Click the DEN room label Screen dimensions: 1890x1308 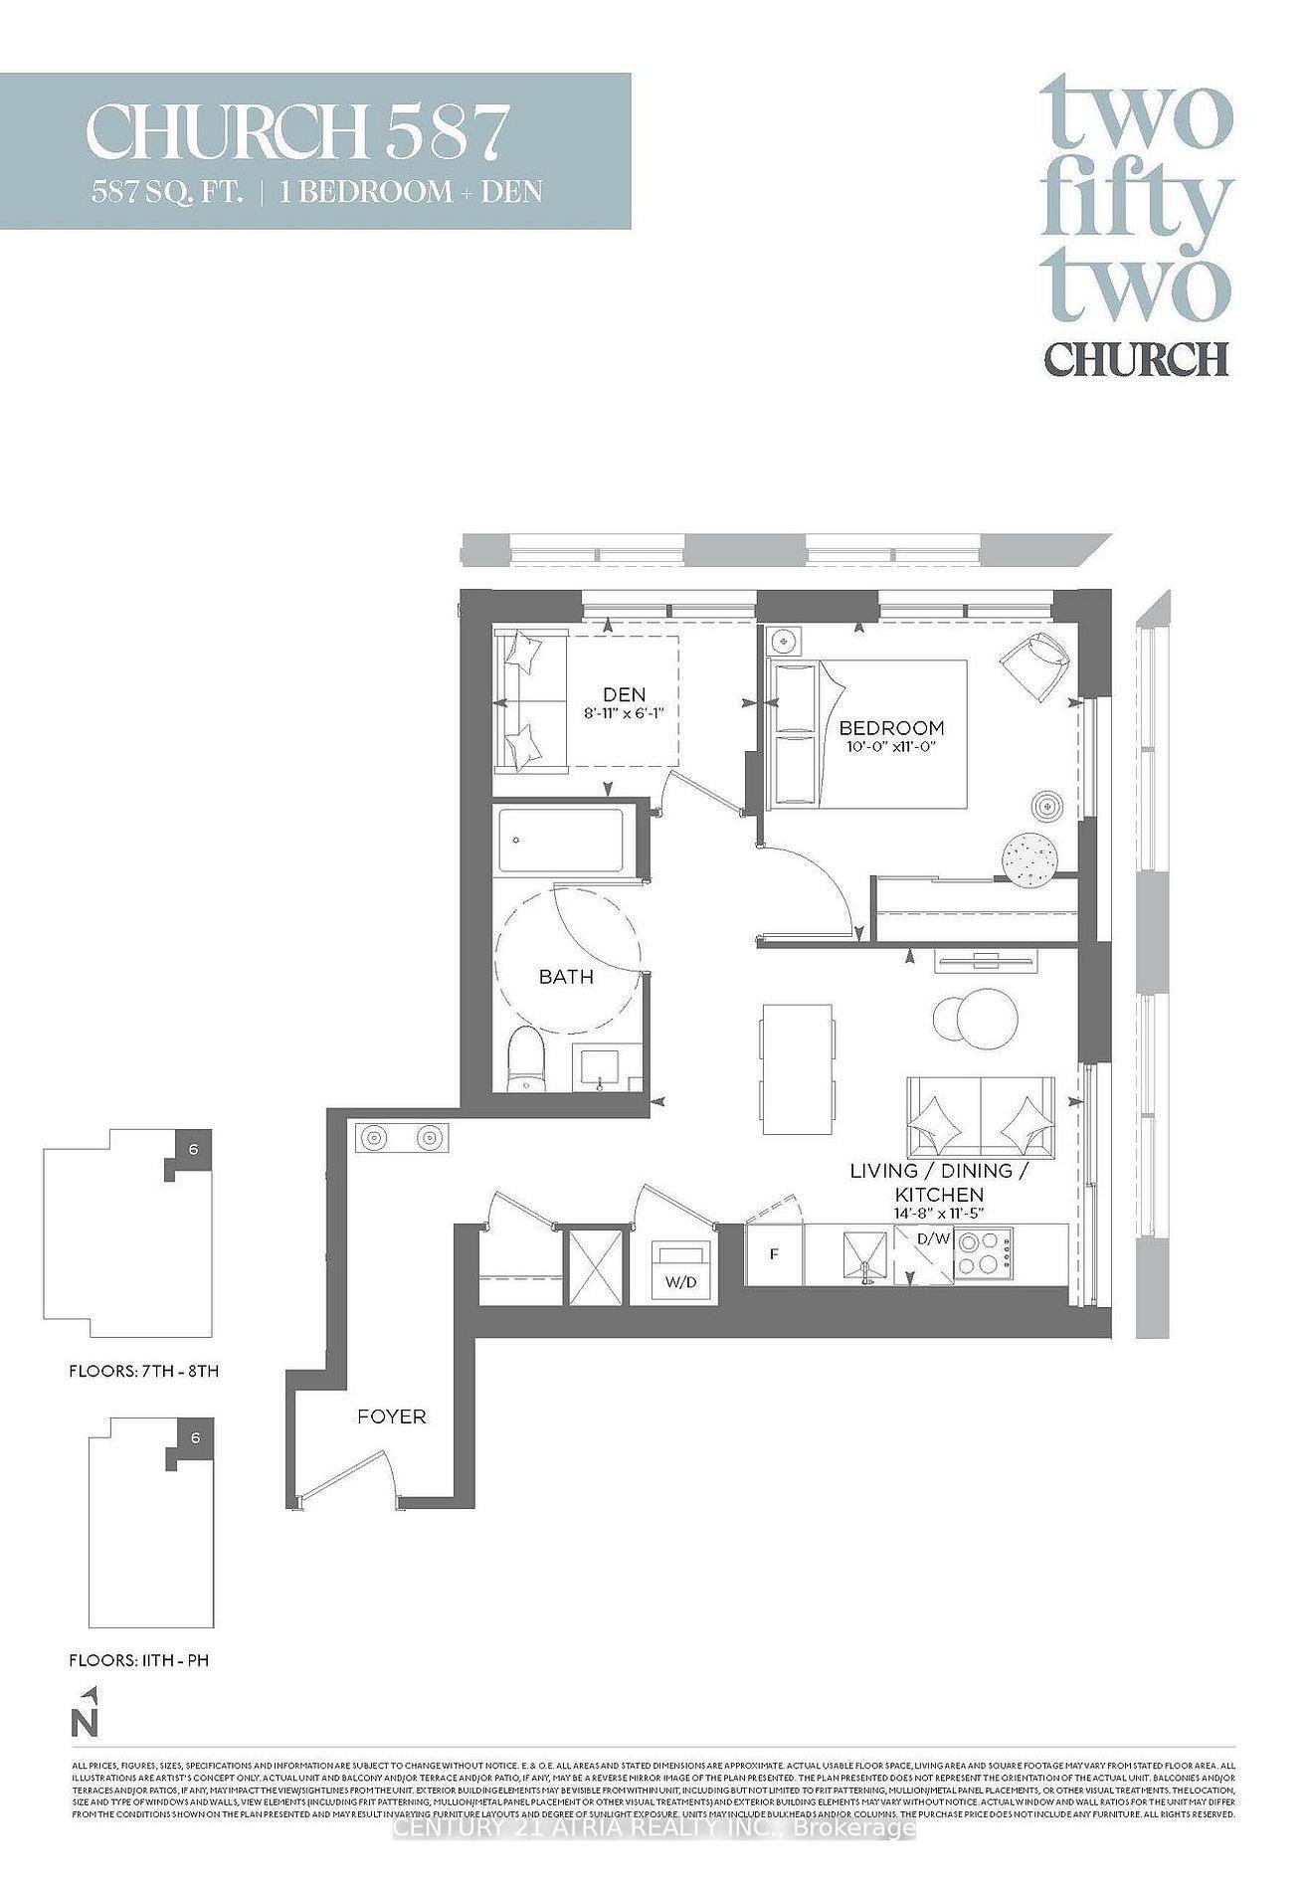pyautogui.click(x=624, y=694)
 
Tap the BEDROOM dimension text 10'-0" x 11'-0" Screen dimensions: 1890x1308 pyautogui.click(x=890, y=745)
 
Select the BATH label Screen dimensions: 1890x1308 pyautogui.click(x=566, y=977)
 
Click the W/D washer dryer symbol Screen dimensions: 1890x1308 pyautogui.click(x=681, y=1269)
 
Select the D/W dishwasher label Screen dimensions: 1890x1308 pyautogui.click(x=933, y=1239)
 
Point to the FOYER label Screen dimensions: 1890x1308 pyautogui.click(x=391, y=1416)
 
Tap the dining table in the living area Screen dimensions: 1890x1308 pyautogui.click(x=797, y=1060)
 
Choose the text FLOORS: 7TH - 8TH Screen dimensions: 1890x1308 pyautogui.click(x=143, y=1371)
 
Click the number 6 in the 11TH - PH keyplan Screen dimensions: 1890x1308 pyautogui.click(x=195, y=1438)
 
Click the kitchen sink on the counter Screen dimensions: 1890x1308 pyautogui.click(x=863, y=1255)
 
